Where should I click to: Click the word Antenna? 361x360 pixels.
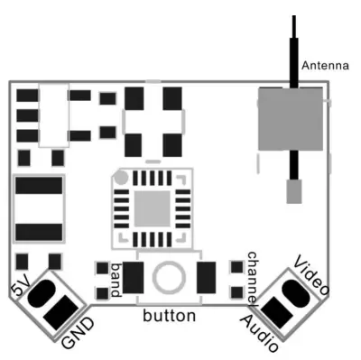point(322,65)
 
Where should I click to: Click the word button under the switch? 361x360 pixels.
point(169,317)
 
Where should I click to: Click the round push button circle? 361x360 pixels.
point(169,276)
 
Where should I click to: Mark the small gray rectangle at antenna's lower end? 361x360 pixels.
point(292,190)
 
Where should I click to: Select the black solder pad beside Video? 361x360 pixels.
point(295,291)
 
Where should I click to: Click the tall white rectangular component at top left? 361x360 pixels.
point(55,115)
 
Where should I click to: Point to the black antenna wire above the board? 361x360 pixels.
point(294,45)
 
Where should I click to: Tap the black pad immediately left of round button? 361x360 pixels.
point(134,276)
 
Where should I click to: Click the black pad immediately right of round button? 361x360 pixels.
point(207,276)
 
